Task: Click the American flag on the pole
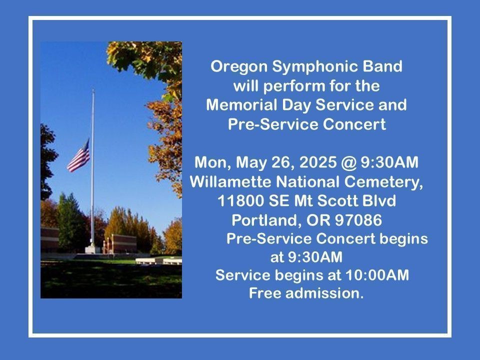pyautogui.click(x=79, y=156)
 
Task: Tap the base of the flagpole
pyautogui.click(x=92, y=249)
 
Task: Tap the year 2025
pyautogui.click(x=318, y=162)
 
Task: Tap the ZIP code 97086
pyautogui.click(x=358, y=220)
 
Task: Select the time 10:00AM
pyautogui.click(x=377, y=275)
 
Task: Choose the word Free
pyautogui.click(x=265, y=293)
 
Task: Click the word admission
pyautogui.click(x=324, y=293)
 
